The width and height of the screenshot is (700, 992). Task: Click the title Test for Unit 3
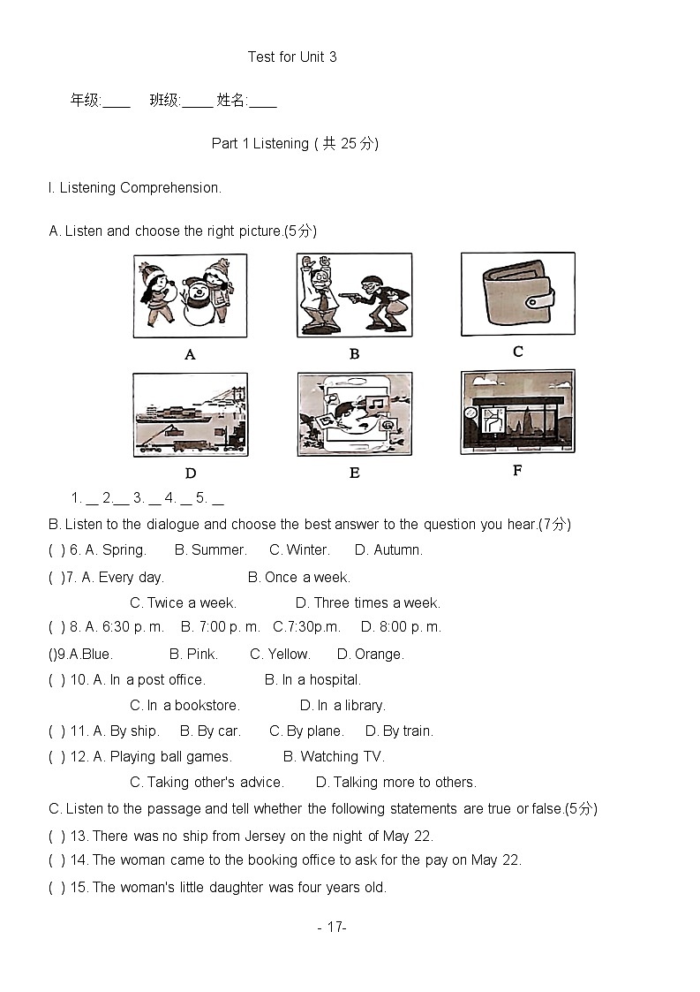click(x=291, y=57)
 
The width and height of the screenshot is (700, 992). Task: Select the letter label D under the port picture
click(x=191, y=473)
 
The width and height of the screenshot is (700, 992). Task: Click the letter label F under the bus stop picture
click(x=517, y=471)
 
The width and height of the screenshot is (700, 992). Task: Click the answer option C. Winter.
click(x=299, y=550)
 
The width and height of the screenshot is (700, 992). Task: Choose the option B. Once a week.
click(x=299, y=578)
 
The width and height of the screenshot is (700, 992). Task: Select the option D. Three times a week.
click(x=368, y=603)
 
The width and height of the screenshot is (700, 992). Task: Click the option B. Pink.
click(x=193, y=655)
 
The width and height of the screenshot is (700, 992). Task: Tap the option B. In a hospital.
click(x=312, y=680)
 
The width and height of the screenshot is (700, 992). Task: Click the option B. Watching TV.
click(x=334, y=757)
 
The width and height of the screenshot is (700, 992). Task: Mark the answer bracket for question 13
click(x=56, y=837)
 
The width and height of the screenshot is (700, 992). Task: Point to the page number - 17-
click(x=332, y=928)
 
